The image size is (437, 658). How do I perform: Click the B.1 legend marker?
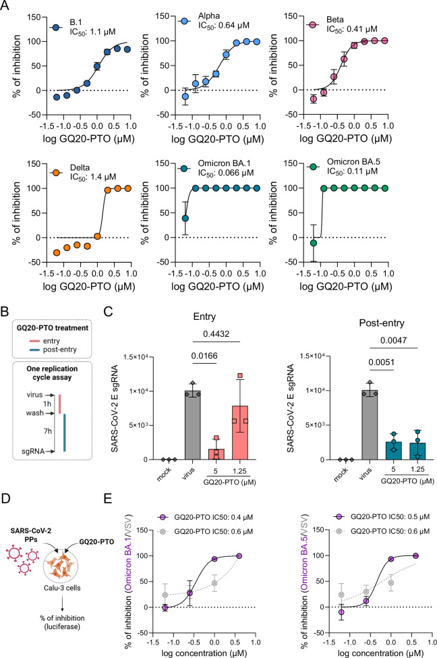coord(55,27)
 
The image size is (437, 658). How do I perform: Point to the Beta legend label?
coord(334,20)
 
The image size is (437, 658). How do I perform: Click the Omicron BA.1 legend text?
coord(225,164)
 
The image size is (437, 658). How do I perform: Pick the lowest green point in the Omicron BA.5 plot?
coord(314,243)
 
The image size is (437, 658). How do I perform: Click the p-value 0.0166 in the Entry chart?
coord(204,356)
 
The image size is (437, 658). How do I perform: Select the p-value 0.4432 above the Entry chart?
coord(216,334)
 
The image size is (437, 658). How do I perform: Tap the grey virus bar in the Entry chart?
coord(192,424)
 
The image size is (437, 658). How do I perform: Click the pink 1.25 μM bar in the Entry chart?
coord(240,433)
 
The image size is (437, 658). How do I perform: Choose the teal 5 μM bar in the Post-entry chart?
coord(393,451)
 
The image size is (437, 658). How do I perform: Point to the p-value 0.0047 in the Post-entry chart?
coord(393,340)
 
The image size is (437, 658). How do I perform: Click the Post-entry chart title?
coord(382,323)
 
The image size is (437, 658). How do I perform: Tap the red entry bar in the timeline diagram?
coord(60,404)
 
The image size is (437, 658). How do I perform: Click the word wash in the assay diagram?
coord(34,413)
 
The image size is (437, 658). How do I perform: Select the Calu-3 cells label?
coord(62,588)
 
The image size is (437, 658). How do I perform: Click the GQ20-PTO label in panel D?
coord(96,542)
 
